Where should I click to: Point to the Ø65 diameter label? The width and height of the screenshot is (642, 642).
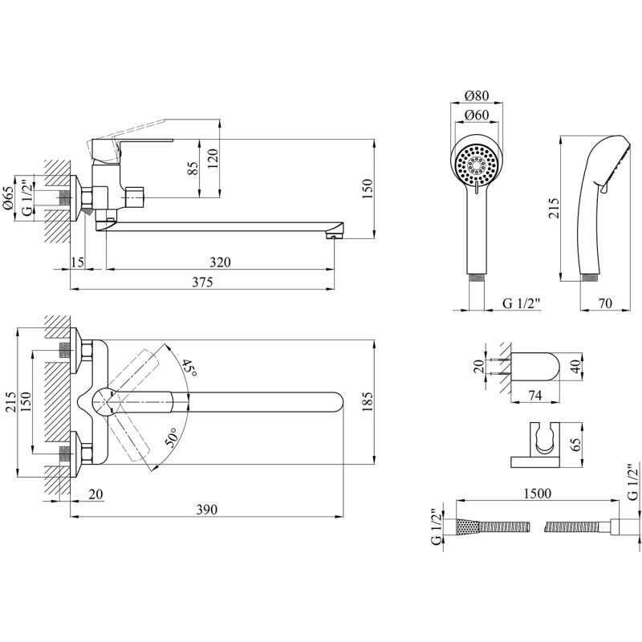click(7, 197)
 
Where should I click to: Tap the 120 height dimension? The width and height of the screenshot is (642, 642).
click(213, 157)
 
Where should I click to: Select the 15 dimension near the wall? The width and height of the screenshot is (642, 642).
click(77, 262)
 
